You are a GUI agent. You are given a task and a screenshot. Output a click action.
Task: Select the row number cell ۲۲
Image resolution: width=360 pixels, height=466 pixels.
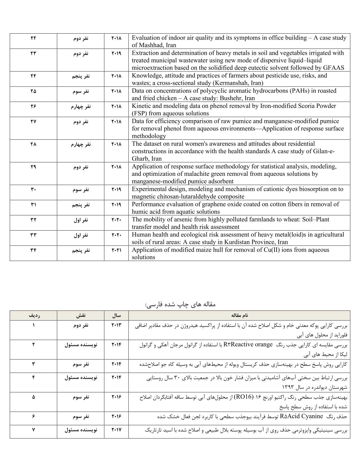33,38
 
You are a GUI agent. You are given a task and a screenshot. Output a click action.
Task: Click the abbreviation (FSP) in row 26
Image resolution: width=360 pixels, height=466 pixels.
139,114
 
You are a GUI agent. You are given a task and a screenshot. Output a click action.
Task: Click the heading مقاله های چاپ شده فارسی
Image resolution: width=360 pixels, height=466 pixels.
180,304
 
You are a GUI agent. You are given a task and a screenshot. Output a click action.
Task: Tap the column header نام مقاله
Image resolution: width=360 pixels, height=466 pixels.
239,315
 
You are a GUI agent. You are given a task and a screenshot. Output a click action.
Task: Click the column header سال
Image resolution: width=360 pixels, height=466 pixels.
116,315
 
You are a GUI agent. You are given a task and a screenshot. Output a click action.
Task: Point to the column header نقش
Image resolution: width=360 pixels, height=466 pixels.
80,315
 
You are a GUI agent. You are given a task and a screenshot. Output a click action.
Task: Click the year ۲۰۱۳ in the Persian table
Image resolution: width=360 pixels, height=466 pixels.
116,325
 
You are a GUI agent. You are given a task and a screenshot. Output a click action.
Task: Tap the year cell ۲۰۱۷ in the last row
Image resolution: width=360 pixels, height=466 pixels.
116,430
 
